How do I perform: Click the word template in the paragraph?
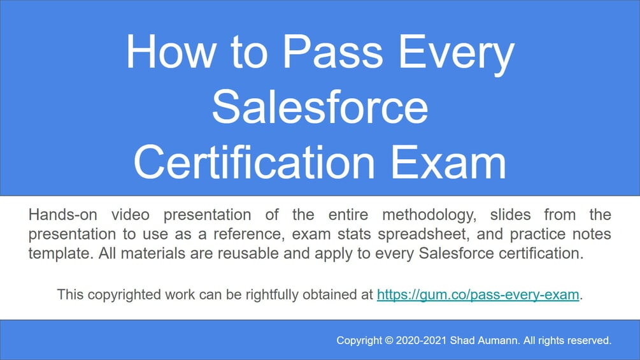point(53,253)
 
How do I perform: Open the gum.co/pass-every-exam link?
point(478,294)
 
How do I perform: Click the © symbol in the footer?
point(389,341)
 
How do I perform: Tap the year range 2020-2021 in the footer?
point(421,341)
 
